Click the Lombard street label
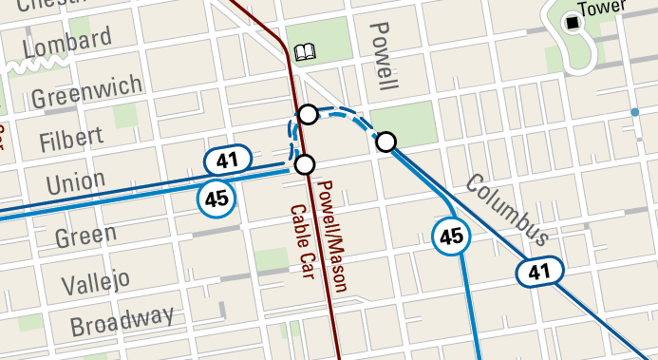click(66, 43)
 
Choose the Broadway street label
click(122, 322)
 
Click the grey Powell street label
click(382, 56)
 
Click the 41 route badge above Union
click(227, 160)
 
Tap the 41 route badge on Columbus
click(539, 272)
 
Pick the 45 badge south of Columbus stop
click(451, 237)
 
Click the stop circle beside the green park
click(385, 142)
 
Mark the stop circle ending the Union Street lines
click(304, 165)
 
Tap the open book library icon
click(306, 51)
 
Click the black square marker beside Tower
click(573, 22)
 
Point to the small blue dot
click(634, 113)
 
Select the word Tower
click(609, 8)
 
